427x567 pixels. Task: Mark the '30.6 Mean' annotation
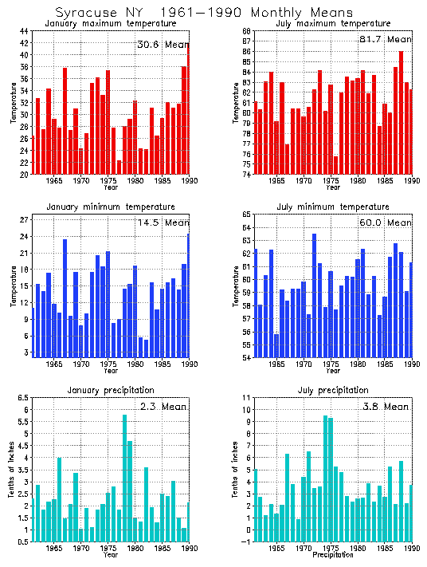tap(163, 45)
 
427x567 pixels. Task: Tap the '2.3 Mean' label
tap(163, 407)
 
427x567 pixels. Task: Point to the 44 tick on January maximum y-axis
tap(24, 31)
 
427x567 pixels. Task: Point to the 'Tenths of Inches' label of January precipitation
tap(12, 470)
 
